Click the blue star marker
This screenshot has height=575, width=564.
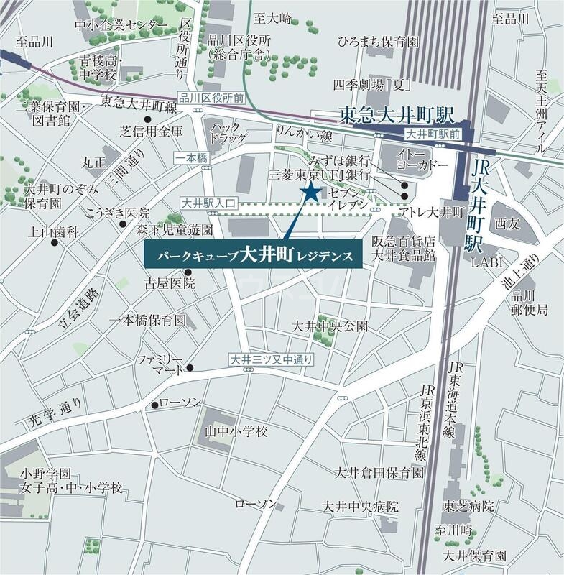tap(311, 192)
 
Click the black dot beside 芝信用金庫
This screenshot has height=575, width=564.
tap(147, 119)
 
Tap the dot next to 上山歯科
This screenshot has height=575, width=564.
tap(55, 242)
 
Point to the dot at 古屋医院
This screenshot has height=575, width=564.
tap(188, 272)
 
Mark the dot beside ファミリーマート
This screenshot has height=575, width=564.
tap(190, 367)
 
